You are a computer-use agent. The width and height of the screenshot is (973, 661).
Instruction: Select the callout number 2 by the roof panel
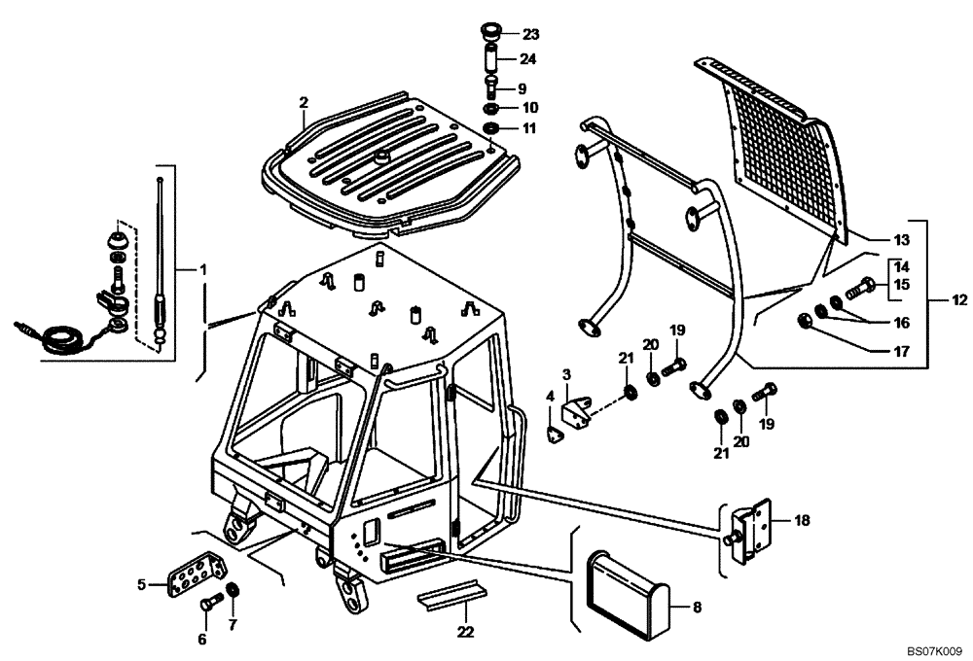(x=304, y=102)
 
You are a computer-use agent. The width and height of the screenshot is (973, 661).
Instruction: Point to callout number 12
(x=959, y=300)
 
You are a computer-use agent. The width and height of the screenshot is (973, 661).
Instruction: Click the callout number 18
(x=802, y=520)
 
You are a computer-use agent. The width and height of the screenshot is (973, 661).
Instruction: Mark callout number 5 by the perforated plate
(x=140, y=585)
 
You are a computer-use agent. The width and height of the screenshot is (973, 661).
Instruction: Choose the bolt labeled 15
(x=862, y=288)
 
